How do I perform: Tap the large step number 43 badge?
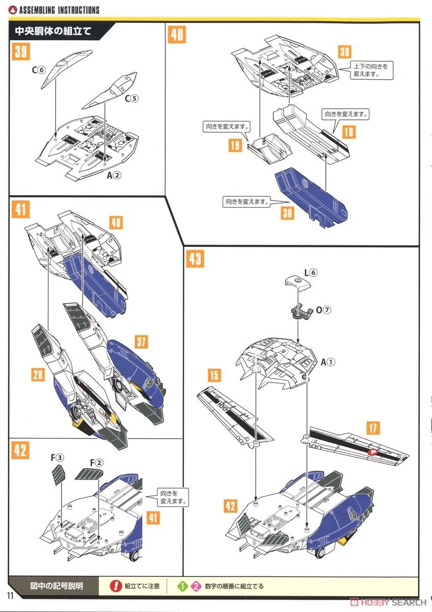coord(194,258)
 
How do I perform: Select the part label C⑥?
coord(39,70)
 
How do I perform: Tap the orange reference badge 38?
coord(287,212)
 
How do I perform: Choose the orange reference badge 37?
coord(141,341)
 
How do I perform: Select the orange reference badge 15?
coord(214,376)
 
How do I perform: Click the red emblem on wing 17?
coord(373,451)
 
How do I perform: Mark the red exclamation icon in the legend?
coord(116,586)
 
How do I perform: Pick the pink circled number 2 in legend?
coord(195,586)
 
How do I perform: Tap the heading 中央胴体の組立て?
coord(53,31)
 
